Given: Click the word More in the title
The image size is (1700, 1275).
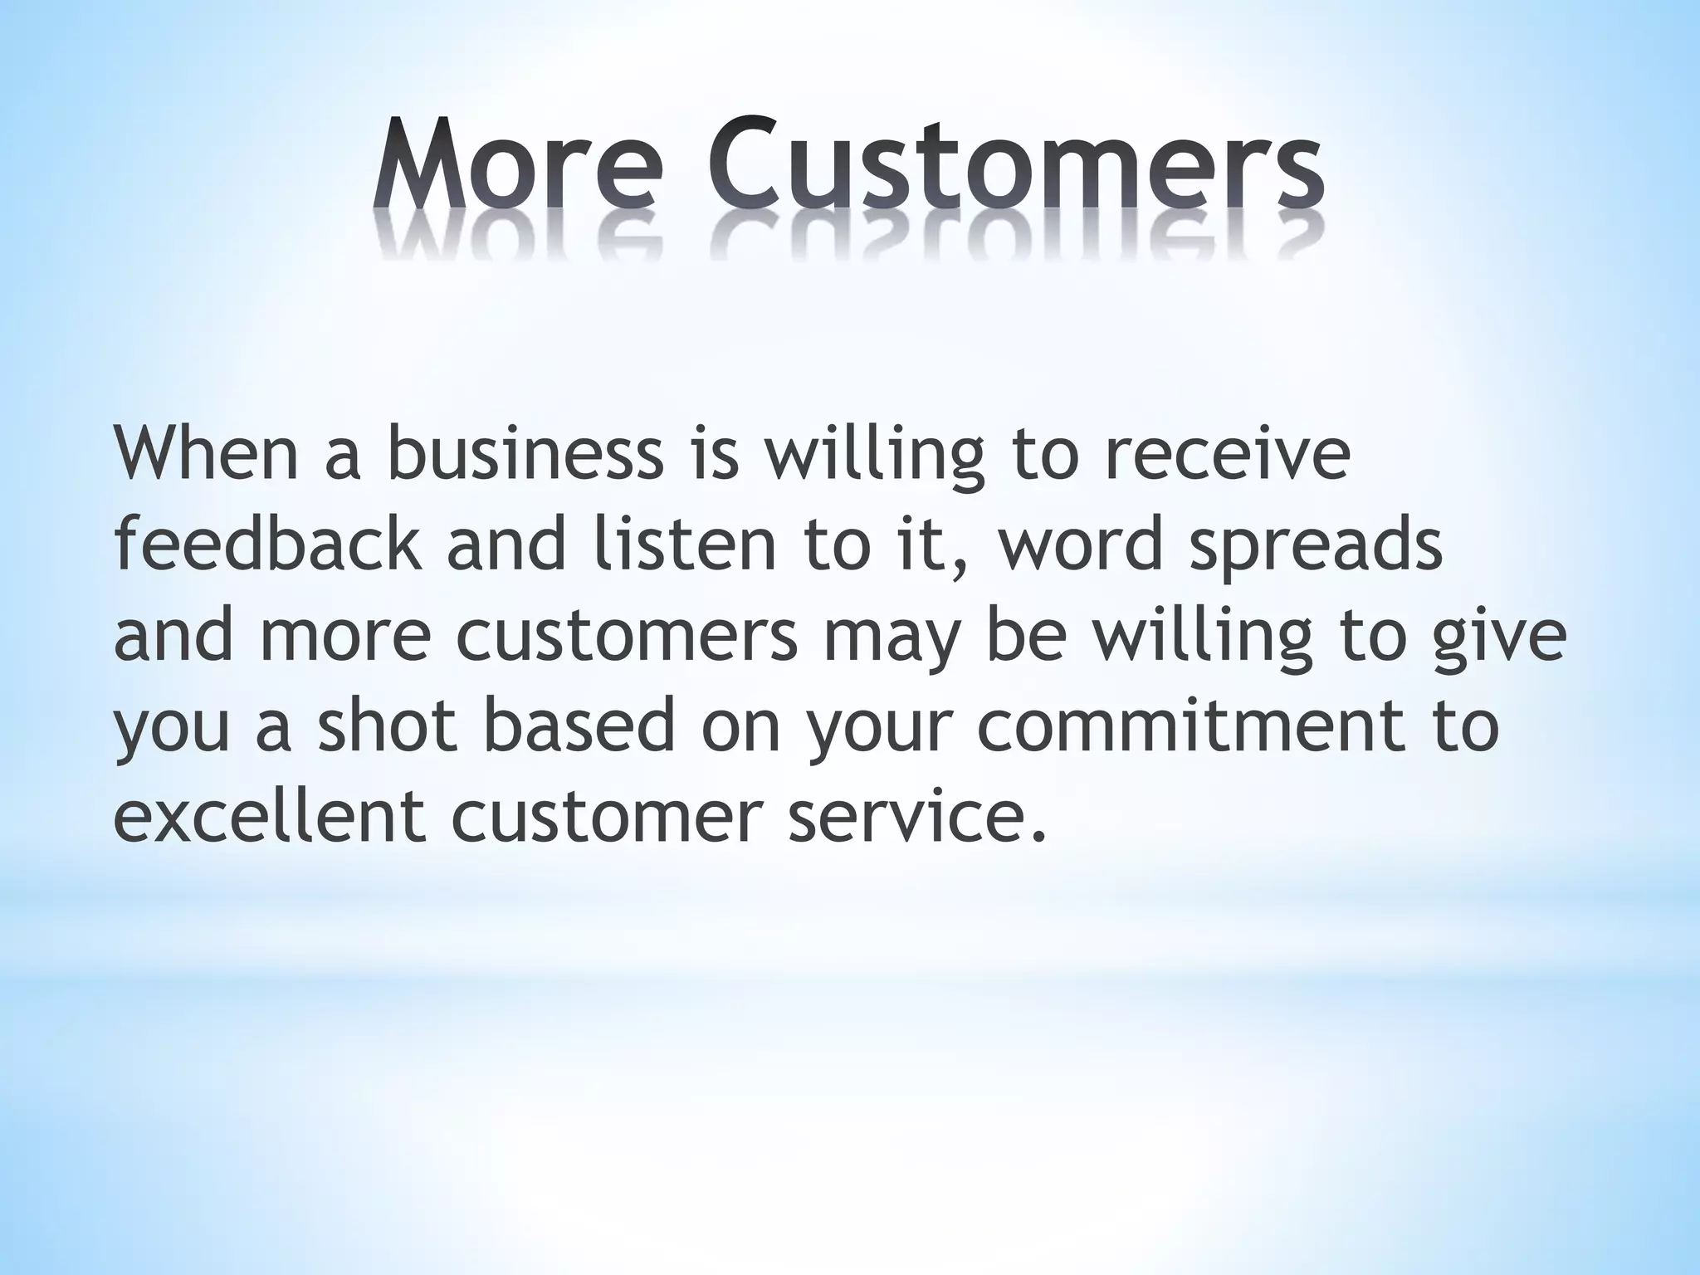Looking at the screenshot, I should (518, 167).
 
